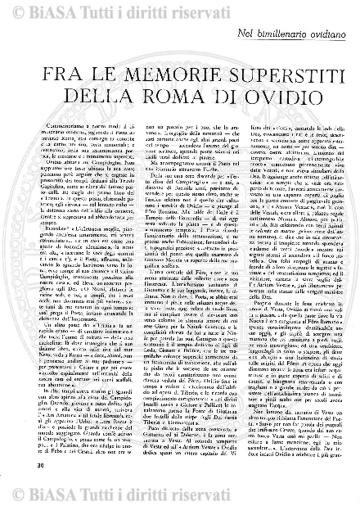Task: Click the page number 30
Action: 16,489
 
